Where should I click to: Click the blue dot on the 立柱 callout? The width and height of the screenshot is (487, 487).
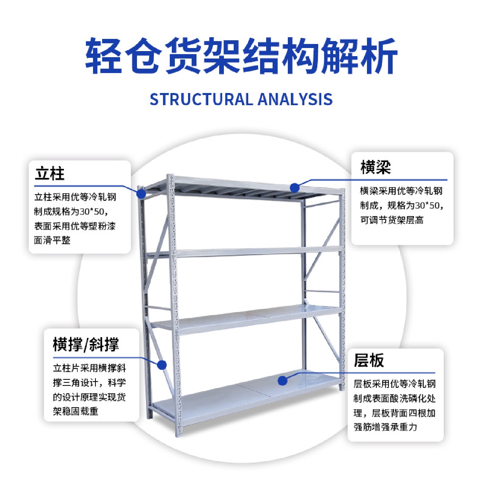[141, 194]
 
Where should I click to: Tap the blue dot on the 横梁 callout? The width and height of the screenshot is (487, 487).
[295, 188]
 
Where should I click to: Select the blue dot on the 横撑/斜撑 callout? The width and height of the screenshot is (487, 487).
[162, 365]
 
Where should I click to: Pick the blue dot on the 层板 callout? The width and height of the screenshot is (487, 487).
[283, 381]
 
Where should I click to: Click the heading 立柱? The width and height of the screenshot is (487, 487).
[50, 174]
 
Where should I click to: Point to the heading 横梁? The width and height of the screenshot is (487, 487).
[375, 167]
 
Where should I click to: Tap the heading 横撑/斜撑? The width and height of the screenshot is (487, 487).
[86, 344]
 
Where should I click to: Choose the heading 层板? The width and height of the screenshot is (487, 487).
[369, 360]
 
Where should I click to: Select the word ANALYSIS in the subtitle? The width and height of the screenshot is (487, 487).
[295, 99]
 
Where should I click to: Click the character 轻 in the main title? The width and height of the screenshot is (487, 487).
[104, 56]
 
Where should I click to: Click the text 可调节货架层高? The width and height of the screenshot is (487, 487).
[392, 220]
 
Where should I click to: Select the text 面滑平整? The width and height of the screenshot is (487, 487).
[52, 240]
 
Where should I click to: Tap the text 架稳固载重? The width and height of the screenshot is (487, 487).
[76, 411]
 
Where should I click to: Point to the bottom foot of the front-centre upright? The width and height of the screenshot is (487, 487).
[179, 433]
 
